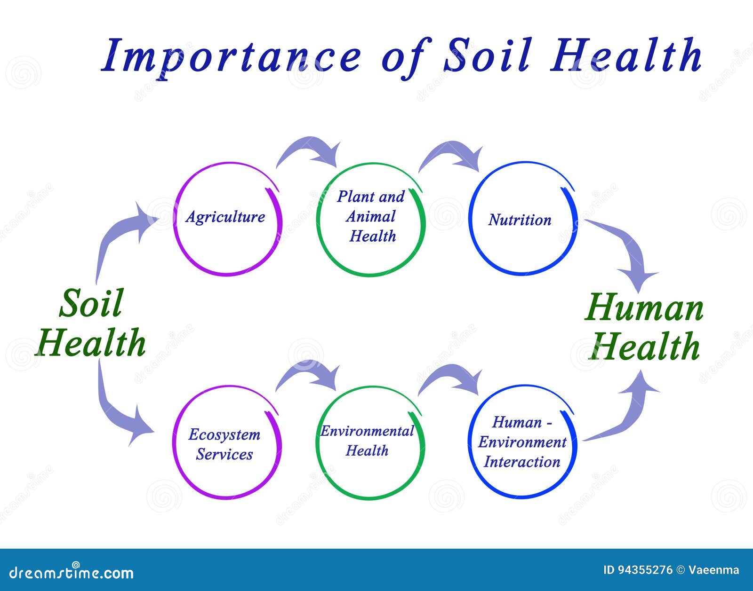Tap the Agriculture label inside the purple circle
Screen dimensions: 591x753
click(x=225, y=217)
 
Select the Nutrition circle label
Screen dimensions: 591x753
click(x=520, y=220)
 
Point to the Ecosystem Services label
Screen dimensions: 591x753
click(x=224, y=444)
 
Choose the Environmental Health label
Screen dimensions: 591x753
click(x=367, y=441)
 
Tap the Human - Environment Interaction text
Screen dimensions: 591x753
click(x=522, y=442)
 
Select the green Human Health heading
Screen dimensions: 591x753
click(x=644, y=327)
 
